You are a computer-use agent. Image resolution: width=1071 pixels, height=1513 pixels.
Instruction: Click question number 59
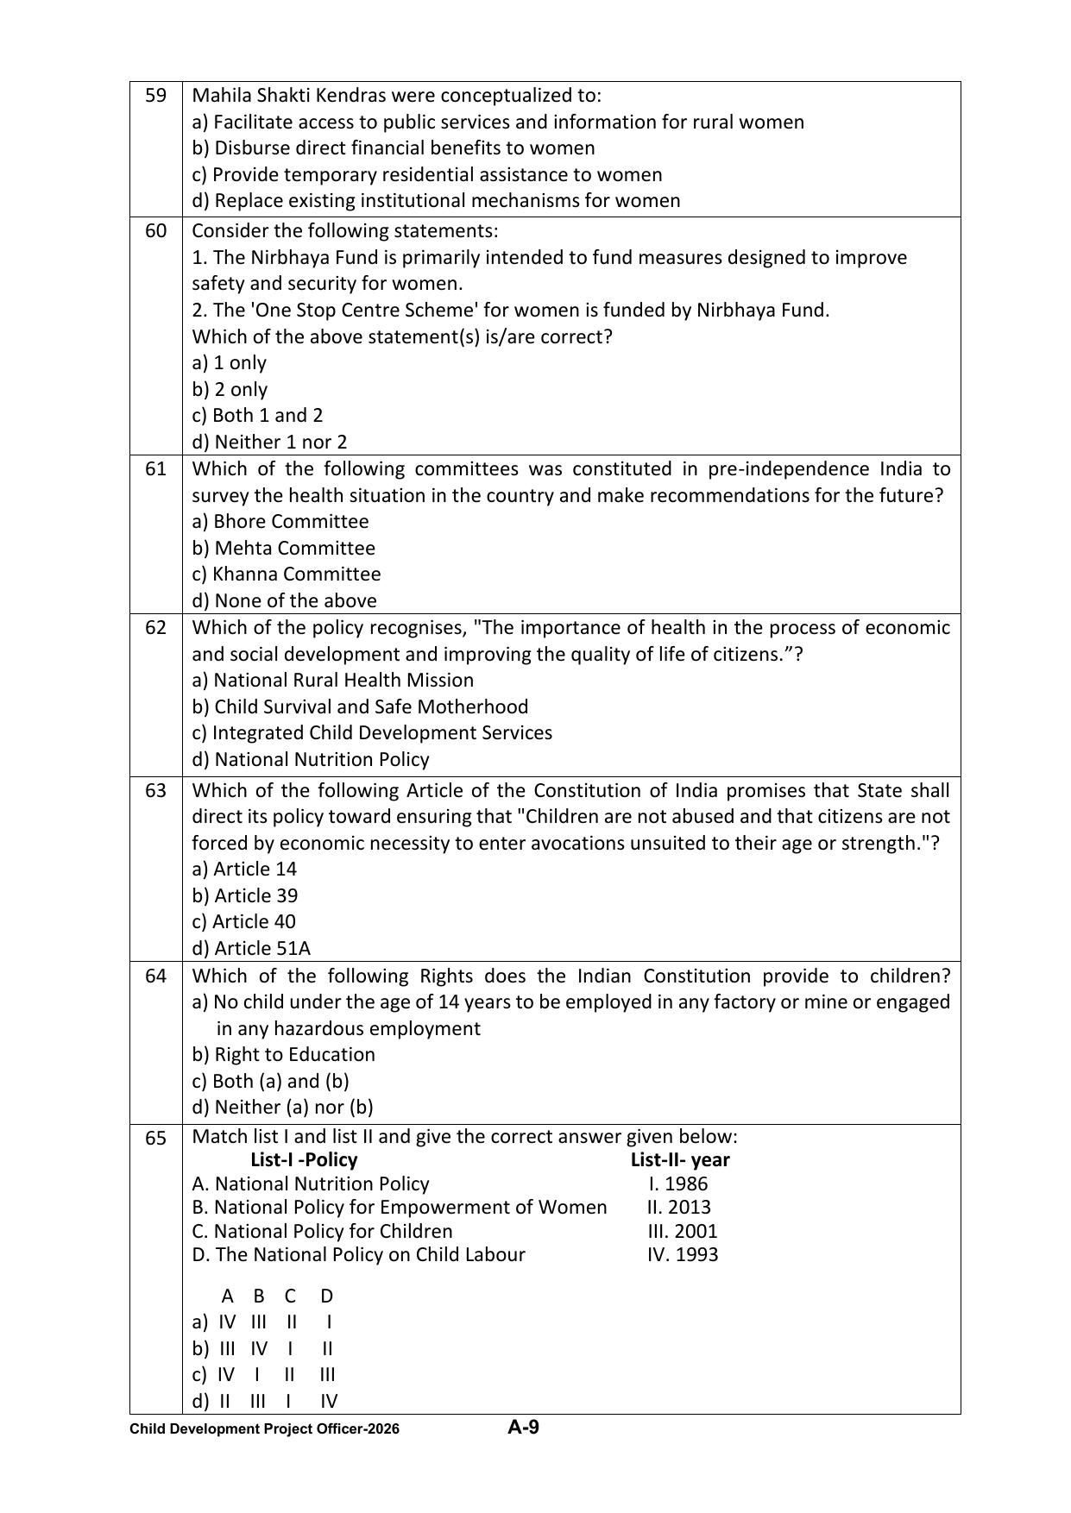[155, 96]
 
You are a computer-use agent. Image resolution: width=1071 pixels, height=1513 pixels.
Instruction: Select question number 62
[155, 628]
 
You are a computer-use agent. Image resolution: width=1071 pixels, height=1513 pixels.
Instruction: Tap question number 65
[155, 1139]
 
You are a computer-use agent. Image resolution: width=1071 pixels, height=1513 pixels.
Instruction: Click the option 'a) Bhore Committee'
[280, 522]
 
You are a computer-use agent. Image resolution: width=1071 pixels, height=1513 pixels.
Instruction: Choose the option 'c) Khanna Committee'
[286, 574]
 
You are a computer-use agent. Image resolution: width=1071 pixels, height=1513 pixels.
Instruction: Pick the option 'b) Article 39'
[244, 895]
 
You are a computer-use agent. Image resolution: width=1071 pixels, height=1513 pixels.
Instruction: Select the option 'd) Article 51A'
[251, 948]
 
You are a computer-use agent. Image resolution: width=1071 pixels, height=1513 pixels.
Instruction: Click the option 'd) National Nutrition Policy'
[310, 760]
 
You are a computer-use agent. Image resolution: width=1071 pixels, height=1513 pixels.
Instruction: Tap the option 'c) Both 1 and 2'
[257, 416]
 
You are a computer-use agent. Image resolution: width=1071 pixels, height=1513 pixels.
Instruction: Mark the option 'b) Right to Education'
[283, 1055]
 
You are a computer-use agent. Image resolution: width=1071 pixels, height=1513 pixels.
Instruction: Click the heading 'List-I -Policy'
[304, 1160]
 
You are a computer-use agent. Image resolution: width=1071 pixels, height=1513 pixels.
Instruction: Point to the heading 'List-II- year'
[680, 1160]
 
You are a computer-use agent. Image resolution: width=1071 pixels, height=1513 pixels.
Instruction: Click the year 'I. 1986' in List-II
[678, 1184]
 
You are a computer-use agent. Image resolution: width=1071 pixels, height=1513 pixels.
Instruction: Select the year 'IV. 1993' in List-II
[682, 1255]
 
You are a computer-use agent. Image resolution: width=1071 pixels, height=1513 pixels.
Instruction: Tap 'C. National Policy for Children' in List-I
[322, 1232]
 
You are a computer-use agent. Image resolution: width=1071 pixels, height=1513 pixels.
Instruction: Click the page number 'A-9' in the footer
[523, 1427]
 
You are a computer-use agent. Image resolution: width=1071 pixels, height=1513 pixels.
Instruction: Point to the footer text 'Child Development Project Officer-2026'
[264, 1429]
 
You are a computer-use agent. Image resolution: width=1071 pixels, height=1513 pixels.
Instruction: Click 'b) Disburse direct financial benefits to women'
[393, 148]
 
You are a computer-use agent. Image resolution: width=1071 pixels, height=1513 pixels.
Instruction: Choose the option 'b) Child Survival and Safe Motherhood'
[360, 707]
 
